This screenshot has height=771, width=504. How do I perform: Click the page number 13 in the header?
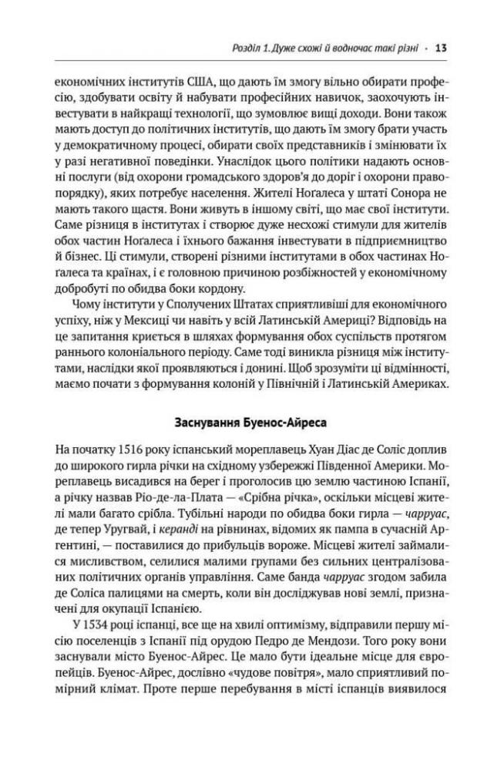tap(442, 48)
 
